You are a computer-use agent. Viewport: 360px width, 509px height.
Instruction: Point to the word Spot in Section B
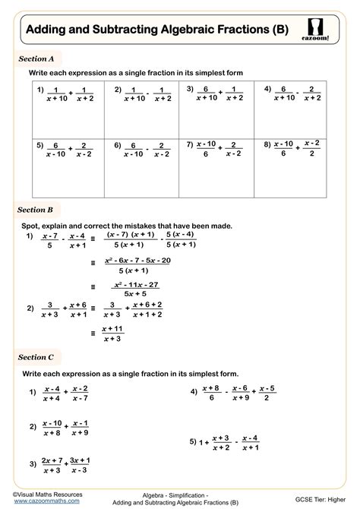[34, 226]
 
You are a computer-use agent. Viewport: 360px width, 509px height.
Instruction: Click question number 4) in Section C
[194, 392]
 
